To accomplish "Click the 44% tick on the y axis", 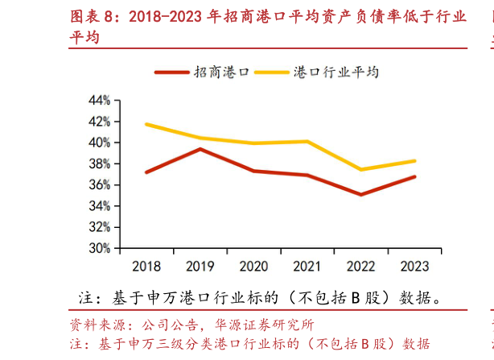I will tap(100, 100).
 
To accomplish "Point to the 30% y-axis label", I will tap(100, 249).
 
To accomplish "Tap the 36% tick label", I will tap(100, 185).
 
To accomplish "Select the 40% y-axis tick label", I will tap(100, 143).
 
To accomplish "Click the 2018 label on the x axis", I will tap(146, 267).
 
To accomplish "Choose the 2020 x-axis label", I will tap(253, 267).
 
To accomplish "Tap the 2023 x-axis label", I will tap(414, 267).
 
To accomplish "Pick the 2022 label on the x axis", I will tap(360, 267).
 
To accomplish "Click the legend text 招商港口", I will tap(215, 72).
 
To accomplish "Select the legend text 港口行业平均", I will tap(331, 72).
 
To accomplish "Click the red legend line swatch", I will tap(171, 72).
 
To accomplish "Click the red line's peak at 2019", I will tap(200, 149).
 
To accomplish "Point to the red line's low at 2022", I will tap(360, 194).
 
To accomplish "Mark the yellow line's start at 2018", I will tap(146, 124).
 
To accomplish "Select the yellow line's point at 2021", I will tap(307, 142).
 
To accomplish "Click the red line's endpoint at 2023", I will tap(414, 176).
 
